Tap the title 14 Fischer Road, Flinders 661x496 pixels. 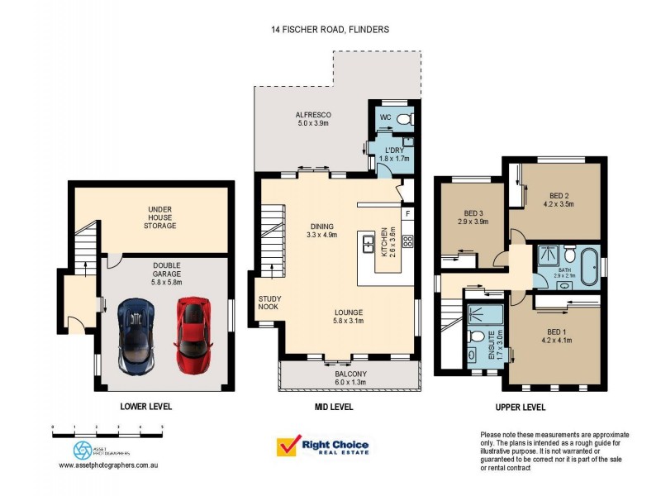coord(330,29)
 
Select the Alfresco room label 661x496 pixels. coord(312,118)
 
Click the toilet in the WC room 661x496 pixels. coord(403,119)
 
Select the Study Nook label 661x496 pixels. coord(269,303)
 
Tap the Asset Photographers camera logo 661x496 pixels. coord(82,450)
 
